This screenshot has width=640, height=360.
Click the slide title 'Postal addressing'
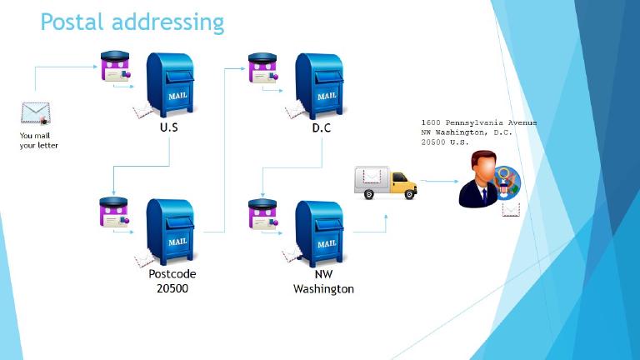coord(132,22)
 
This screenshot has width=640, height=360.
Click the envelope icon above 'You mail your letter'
coord(35,113)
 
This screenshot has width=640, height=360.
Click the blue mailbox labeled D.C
coord(320,85)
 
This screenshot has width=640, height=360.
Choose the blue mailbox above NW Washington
coord(320,232)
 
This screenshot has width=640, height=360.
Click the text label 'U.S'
coord(169,128)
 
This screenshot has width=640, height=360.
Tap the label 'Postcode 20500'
coord(172,281)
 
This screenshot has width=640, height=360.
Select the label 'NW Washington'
coord(323,281)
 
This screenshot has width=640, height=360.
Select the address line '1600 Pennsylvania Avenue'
coord(478,123)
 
